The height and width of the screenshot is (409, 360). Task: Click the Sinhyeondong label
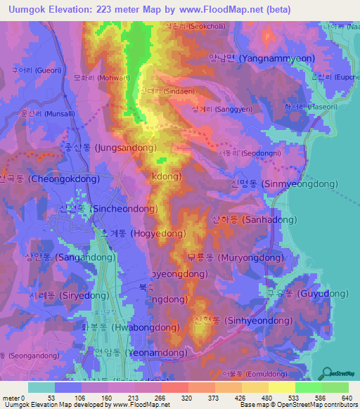click(x=232, y=320)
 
